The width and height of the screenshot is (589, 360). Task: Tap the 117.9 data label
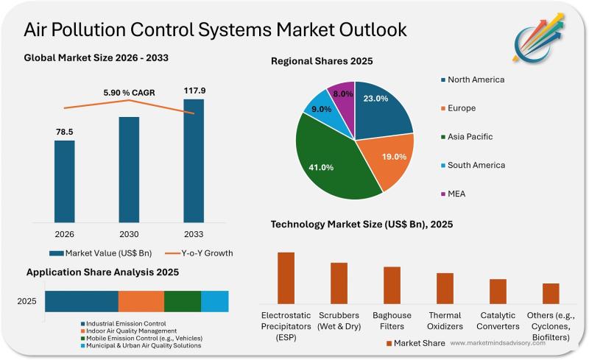pos(194,91)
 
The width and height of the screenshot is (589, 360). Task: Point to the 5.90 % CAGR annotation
pos(128,93)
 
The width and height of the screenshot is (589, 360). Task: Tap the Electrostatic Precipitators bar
pos(286,278)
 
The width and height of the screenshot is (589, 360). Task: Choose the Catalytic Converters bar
pos(498,291)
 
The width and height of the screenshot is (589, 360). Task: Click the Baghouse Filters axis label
pos(392,321)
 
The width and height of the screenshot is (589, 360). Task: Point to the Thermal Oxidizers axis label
pos(445,321)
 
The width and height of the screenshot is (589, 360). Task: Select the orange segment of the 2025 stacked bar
pos(141,301)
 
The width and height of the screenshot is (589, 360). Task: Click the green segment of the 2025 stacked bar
pos(182,301)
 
